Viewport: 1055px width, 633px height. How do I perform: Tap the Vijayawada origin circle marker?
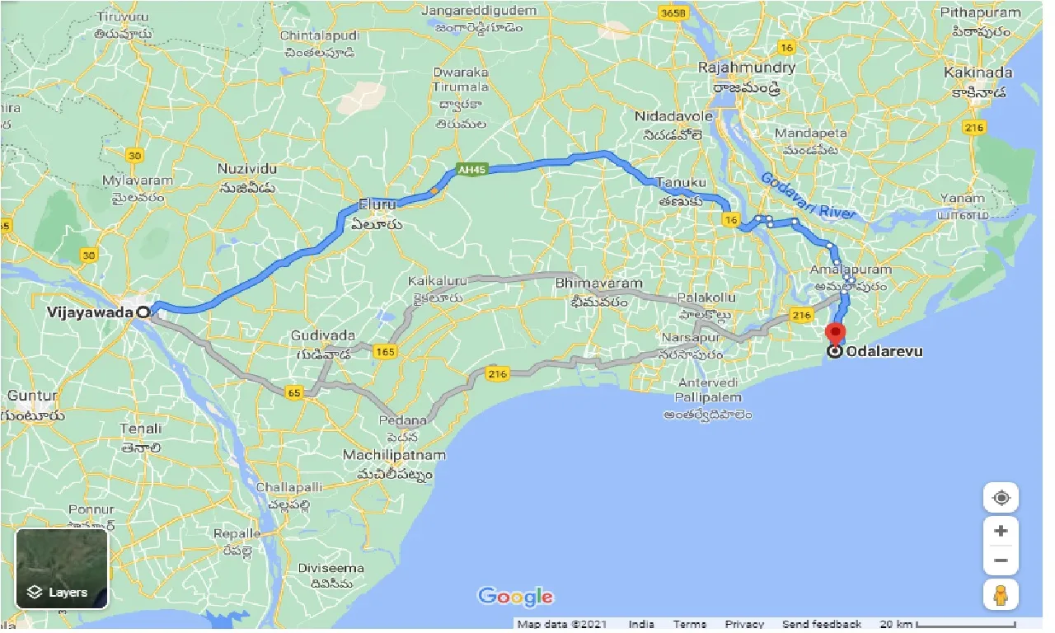(x=144, y=312)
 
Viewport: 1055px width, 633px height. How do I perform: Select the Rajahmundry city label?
(x=747, y=68)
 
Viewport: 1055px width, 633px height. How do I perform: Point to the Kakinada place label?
(x=978, y=72)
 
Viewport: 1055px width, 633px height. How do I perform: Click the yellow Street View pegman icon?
(x=1001, y=594)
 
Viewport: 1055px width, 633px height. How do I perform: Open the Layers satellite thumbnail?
(x=62, y=568)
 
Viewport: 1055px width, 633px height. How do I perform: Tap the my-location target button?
(x=1001, y=498)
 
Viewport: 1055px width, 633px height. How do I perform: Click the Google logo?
(x=515, y=597)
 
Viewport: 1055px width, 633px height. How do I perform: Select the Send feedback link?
(x=822, y=624)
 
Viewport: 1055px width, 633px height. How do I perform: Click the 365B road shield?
(x=672, y=14)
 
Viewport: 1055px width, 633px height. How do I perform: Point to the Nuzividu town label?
(x=247, y=168)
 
